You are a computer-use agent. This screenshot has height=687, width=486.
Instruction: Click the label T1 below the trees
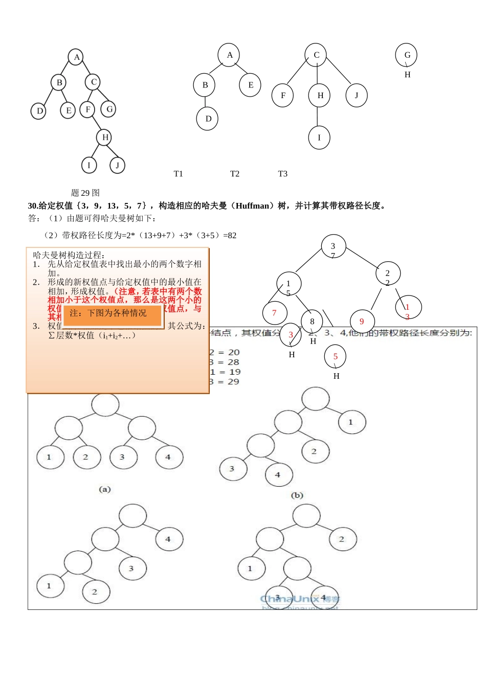(178, 174)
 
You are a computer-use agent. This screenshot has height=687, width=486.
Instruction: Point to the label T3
(282, 174)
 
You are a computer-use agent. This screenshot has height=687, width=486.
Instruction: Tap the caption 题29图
(85, 193)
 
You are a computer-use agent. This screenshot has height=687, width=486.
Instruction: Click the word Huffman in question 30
(252, 205)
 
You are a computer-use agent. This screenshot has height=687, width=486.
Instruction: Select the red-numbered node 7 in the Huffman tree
(274, 313)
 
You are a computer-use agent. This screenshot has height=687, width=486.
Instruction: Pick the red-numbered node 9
(362, 322)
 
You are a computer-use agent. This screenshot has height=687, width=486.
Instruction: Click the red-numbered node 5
(335, 356)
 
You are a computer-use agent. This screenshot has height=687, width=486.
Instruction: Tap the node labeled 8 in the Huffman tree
(312, 322)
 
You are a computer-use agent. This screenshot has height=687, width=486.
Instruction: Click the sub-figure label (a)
(104, 489)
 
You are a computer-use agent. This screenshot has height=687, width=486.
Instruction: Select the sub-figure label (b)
(297, 495)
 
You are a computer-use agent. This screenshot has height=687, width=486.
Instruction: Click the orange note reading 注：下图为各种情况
(113, 313)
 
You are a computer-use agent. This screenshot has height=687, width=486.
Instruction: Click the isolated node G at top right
(407, 55)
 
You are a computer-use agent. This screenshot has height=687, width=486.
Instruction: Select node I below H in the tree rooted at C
(319, 138)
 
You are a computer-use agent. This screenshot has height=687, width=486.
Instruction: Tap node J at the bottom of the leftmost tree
(117, 165)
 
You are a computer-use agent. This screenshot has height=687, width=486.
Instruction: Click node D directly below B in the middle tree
(208, 119)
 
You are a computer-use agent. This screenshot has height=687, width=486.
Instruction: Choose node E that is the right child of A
(250, 85)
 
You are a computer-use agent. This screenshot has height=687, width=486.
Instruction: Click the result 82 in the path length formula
(232, 236)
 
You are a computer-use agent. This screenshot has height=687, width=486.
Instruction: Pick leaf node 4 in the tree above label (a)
(168, 457)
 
